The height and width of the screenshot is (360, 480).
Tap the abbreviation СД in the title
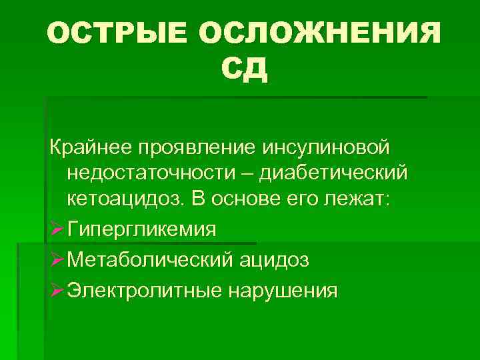(243, 71)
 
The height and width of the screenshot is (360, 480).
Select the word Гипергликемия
(142, 230)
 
